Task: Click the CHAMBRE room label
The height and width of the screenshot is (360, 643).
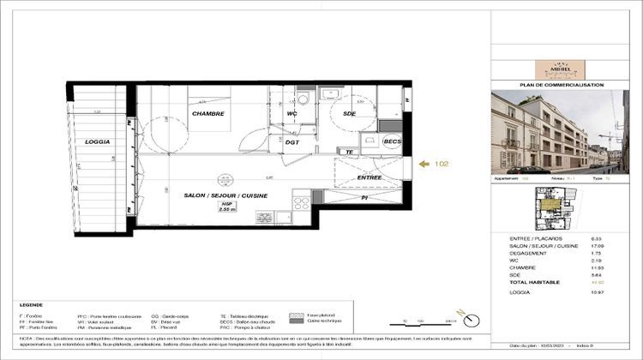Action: click(x=208, y=113)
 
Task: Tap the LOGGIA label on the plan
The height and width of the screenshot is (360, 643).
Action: click(x=98, y=141)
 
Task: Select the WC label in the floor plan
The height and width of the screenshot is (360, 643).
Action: click(x=291, y=113)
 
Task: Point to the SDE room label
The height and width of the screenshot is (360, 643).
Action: click(x=349, y=113)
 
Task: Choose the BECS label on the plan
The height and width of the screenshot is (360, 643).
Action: click(x=392, y=141)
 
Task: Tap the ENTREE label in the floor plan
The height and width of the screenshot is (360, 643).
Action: click(x=369, y=177)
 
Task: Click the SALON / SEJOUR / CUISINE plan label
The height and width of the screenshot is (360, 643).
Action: click(x=225, y=196)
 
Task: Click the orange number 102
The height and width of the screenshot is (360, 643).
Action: click(x=442, y=163)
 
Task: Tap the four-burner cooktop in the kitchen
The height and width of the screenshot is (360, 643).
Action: click(x=302, y=204)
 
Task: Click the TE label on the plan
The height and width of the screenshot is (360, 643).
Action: click(x=350, y=153)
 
